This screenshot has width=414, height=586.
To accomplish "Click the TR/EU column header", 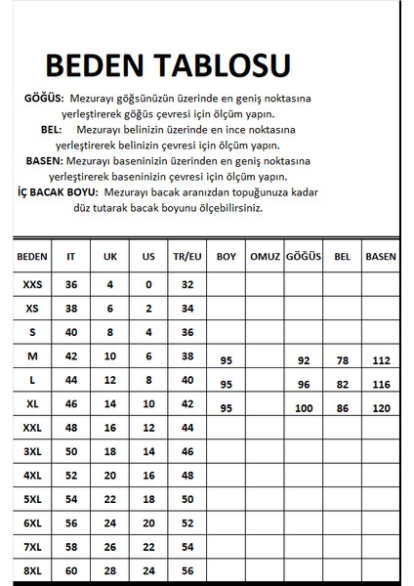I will tap(187, 256).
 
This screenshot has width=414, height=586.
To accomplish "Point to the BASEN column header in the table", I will tap(380, 256).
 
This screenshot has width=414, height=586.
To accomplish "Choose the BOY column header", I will tap(227, 256).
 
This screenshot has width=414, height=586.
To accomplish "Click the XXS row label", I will tap(32, 284).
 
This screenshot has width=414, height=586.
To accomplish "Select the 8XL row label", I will tap(32, 568).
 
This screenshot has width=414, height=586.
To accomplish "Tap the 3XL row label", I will tap(32, 451).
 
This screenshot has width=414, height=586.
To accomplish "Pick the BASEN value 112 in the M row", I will tap(380, 359).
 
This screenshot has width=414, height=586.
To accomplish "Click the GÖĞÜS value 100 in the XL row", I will tap(303, 406).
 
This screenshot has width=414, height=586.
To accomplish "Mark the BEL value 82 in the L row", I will tap(342, 383).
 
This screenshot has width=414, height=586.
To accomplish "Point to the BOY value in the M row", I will tap(227, 359).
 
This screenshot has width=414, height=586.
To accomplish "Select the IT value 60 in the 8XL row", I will tap(70, 568).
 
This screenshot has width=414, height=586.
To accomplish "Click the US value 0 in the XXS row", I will tap(148, 284).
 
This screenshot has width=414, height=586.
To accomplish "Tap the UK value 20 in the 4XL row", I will tap(109, 475).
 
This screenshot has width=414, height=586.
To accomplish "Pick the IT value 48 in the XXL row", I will tap(70, 428).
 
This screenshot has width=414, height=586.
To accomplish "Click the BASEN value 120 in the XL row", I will tap(380, 406).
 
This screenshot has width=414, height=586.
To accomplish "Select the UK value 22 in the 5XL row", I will tap(109, 498).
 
